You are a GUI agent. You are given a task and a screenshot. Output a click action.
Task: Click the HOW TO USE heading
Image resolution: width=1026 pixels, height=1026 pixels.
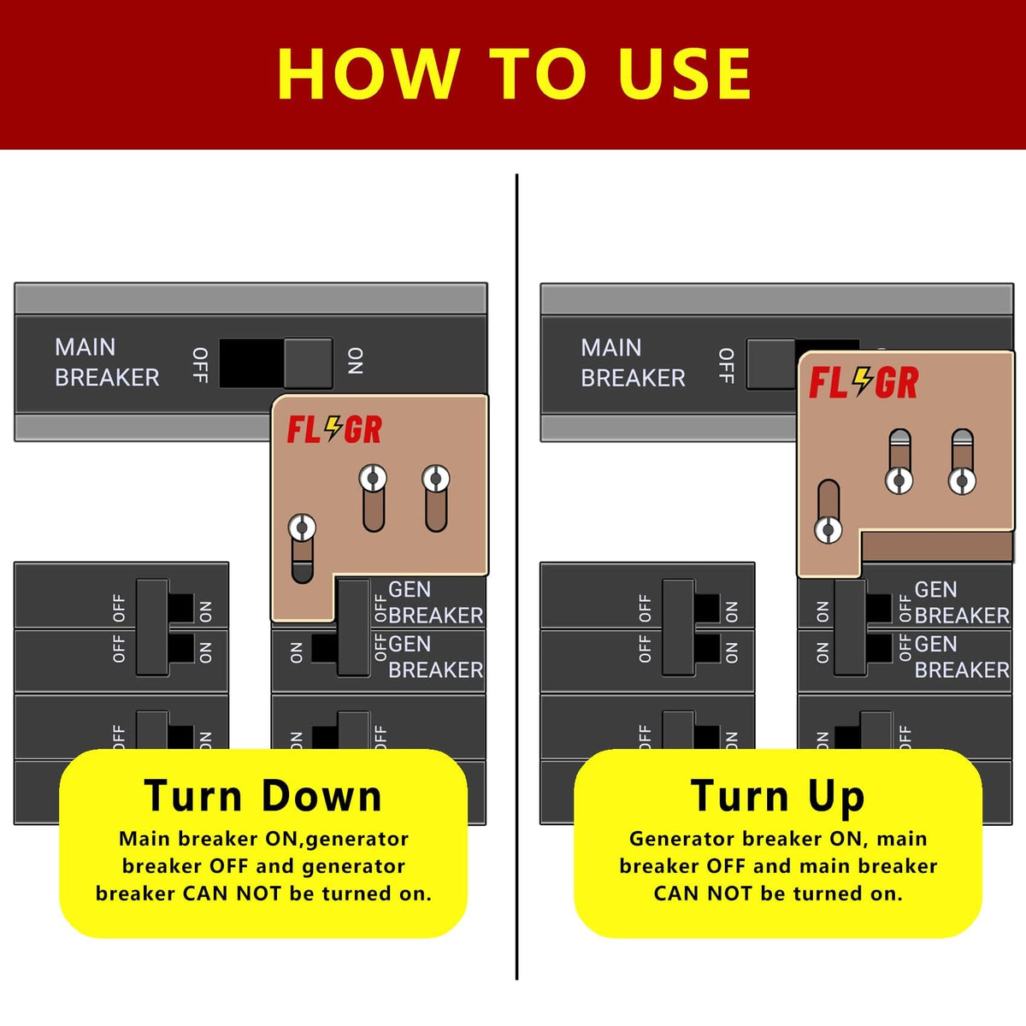pos(513,74)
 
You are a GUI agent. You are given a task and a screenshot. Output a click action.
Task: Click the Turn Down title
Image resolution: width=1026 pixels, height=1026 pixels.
pos(263,797)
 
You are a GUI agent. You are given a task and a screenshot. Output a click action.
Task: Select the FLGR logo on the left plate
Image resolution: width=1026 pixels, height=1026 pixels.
pos(334,429)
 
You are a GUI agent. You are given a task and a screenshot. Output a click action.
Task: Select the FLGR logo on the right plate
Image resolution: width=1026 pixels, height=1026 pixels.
pos(864,382)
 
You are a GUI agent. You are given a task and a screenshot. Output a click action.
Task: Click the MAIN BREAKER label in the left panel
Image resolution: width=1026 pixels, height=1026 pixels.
pos(107,363)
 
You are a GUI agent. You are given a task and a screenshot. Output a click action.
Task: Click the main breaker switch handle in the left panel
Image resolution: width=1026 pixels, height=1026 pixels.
pos(309,363)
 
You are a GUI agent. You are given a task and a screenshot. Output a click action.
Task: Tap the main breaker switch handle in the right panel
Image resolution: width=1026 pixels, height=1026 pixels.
pos(771,363)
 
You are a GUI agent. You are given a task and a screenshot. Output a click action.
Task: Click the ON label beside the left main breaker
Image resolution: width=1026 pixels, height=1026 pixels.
pos(356,362)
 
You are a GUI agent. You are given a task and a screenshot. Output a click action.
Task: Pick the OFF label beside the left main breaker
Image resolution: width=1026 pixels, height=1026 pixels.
pos(200,365)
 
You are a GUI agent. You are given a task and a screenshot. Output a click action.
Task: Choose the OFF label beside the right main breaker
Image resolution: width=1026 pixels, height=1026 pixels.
pos(726,366)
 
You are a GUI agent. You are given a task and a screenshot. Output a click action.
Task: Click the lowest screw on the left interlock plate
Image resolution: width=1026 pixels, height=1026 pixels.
pos(302,528)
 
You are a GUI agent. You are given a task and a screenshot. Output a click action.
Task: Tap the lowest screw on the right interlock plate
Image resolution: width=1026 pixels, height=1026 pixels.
pos(828,530)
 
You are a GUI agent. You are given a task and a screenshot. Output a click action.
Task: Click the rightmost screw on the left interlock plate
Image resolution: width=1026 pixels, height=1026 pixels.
pos(436,479)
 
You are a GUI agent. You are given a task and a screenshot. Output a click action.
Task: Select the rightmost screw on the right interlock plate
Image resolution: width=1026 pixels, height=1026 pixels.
pos(962,481)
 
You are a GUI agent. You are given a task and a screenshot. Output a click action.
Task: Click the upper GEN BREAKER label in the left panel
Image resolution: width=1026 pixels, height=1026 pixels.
pos(435,603)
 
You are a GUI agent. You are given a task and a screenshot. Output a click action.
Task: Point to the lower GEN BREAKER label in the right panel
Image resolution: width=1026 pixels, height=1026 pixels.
pos(962,657)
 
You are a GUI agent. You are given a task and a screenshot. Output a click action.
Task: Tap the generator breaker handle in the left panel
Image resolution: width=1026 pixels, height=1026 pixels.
pos(353,628)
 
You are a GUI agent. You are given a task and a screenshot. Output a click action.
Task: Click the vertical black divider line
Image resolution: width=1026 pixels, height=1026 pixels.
pos(516,577)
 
